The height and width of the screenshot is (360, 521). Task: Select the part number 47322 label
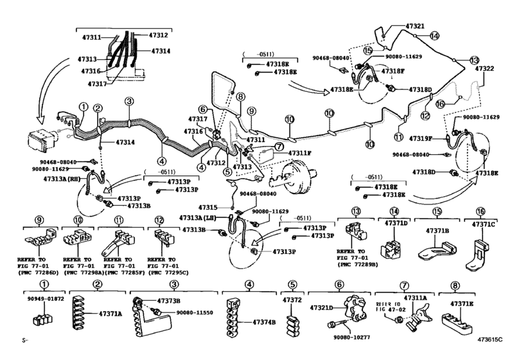pyautogui.click(x=484, y=69)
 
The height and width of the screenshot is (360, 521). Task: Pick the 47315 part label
pyautogui.click(x=208, y=207)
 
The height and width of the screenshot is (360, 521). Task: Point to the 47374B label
pyautogui.click(x=263, y=321)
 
